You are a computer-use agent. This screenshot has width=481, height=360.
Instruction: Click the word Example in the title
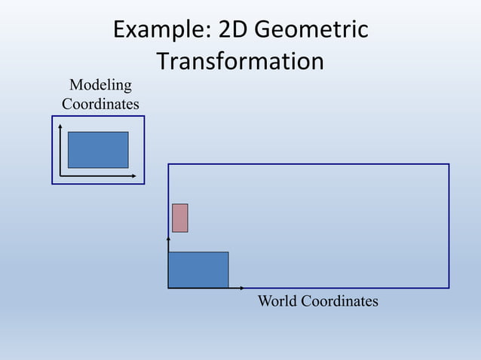(158, 30)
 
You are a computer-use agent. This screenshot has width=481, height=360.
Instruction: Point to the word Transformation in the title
(240, 61)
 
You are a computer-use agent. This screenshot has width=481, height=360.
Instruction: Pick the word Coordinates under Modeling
(100, 104)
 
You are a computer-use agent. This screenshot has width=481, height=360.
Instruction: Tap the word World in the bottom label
(277, 301)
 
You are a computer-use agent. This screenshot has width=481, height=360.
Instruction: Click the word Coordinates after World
(339, 301)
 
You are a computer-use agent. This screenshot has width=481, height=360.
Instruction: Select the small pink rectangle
(179, 218)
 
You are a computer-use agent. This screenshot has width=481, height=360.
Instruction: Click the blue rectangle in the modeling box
(98, 150)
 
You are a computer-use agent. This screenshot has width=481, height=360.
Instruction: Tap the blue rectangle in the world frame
(198, 270)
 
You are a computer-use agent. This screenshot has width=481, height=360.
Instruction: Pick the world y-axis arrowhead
(169, 238)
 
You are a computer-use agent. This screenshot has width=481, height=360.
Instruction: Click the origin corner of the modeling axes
(60, 175)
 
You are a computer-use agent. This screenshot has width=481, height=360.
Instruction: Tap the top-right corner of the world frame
(449, 164)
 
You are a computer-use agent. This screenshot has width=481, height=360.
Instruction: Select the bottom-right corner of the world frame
(449, 288)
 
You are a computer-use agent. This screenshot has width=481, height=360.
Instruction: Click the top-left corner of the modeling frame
(53, 117)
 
